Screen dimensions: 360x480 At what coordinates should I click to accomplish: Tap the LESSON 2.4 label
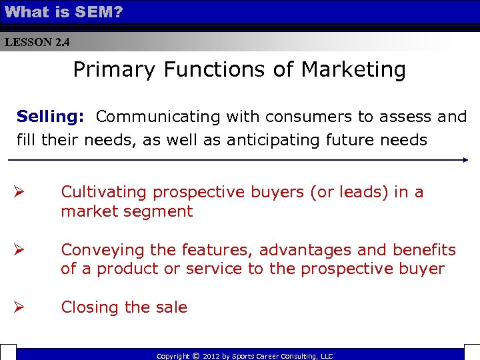click(37, 42)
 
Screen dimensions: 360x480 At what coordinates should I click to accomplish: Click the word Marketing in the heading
click(353, 69)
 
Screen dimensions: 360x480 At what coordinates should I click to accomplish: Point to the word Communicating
click(158, 117)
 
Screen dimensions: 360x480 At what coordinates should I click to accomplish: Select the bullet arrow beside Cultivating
click(21, 192)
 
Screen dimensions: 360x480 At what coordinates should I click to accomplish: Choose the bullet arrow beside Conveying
click(21, 250)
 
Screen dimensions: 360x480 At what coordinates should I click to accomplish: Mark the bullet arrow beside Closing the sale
click(21, 307)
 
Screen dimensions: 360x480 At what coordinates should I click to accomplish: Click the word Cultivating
click(103, 192)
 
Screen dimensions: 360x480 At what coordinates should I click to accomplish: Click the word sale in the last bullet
click(171, 307)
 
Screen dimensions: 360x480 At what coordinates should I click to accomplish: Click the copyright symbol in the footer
click(196, 356)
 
